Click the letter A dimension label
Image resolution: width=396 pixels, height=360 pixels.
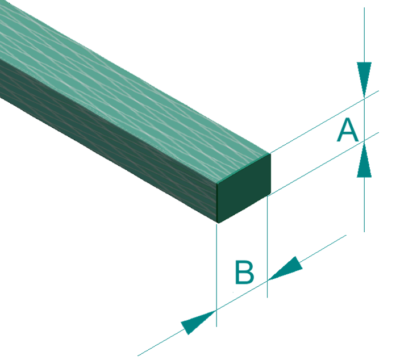(348, 131)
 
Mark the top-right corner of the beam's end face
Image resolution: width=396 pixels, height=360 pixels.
(270, 153)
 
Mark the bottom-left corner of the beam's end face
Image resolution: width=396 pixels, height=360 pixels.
(218, 223)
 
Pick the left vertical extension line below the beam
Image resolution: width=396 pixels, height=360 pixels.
(217, 273)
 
